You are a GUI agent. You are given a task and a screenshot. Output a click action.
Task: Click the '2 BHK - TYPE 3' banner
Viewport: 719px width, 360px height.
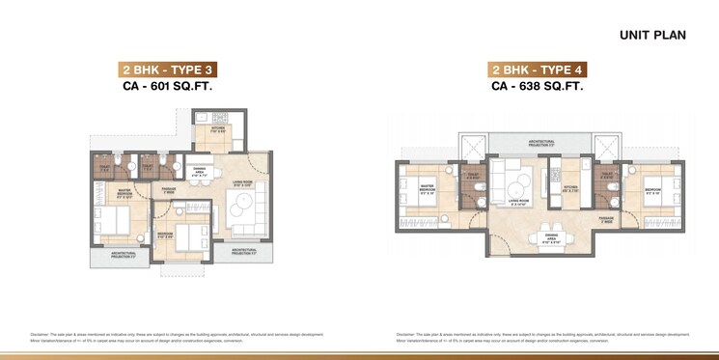tap(167, 69)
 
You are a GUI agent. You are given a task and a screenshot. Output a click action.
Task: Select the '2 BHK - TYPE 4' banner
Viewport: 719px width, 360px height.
tap(539, 69)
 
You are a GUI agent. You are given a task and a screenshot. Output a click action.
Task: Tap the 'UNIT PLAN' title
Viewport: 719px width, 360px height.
tap(652, 36)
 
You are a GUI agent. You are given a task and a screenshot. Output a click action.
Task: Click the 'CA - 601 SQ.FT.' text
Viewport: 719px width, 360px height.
tap(167, 86)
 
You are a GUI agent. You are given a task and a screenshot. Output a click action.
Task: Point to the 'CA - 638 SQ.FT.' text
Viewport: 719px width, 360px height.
tap(539, 86)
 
